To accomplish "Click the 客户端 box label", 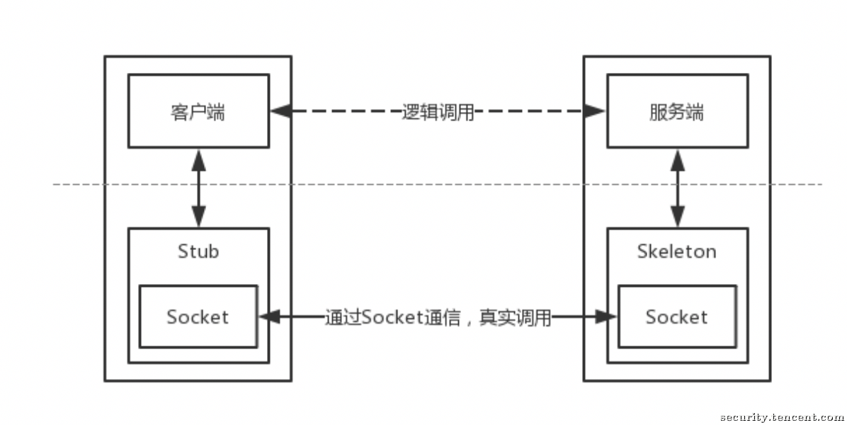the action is pyautogui.click(x=198, y=113).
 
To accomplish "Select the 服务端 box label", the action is pyautogui.click(x=677, y=113).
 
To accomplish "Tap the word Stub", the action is pyautogui.click(x=198, y=251).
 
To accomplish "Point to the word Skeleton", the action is pyautogui.click(x=677, y=251).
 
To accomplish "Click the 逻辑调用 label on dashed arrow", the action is pyautogui.click(x=438, y=113).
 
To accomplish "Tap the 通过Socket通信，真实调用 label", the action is pyautogui.click(x=438, y=317).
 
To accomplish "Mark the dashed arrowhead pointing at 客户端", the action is pyautogui.click(x=281, y=111).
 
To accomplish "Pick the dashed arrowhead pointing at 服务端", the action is pyautogui.click(x=594, y=111).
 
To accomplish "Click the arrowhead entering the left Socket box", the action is pyautogui.click(x=270, y=317).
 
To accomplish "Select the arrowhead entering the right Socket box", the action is pyautogui.click(x=606, y=317).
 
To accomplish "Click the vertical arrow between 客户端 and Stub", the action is pyautogui.click(x=199, y=188).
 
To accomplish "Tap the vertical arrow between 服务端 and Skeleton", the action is pyautogui.click(x=677, y=188).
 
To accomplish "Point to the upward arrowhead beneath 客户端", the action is pyautogui.click(x=199, y=160).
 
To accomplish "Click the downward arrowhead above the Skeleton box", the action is pyautogui.click(x=677, y=217).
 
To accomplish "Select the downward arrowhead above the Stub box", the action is pyautogui.click(x=199, y=217).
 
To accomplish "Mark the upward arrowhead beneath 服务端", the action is pyautogui.click(x=677, y=160).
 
